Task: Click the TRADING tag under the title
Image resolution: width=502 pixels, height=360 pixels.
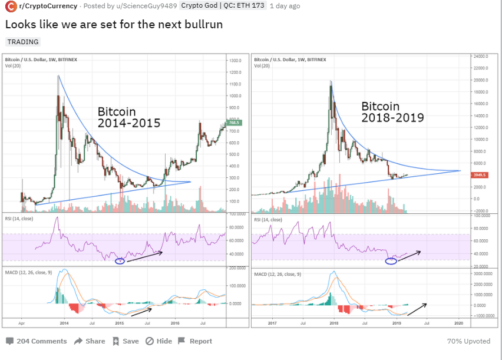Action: tap(24, 42)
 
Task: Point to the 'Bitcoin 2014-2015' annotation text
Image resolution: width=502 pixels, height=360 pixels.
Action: tap(129, 117)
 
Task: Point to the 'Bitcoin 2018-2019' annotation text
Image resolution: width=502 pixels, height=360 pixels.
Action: tap(392, 112)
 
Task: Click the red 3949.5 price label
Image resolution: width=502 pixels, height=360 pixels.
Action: tap(481, 175)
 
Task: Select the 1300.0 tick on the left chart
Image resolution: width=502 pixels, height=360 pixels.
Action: tap(236, 61)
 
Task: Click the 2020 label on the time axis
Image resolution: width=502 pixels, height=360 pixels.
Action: tap(458, 323)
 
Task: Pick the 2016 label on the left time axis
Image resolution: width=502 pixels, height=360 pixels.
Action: tap(175, 323)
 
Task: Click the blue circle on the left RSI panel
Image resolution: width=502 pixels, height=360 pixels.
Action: tap(120, 261)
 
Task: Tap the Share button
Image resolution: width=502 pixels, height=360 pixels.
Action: tap(90, 341)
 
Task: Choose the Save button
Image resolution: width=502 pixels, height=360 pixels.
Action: tap(125, 341)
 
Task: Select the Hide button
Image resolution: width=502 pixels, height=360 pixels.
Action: tap(159, 341)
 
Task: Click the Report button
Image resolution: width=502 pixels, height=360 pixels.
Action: tap(195, 341)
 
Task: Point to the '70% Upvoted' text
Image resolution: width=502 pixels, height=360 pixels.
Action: tap(468, 341)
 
